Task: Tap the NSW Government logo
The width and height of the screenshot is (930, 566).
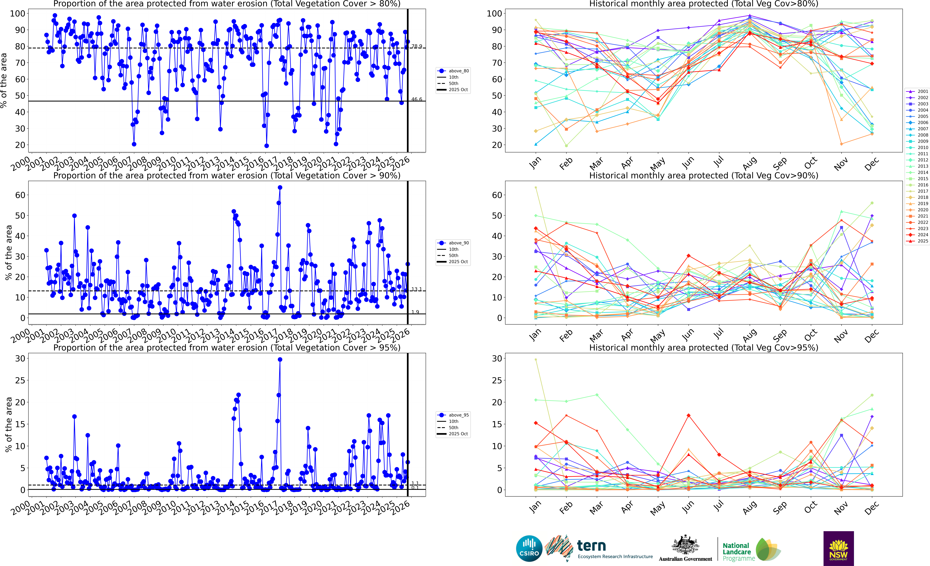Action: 838,548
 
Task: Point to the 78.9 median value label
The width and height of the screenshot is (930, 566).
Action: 417,46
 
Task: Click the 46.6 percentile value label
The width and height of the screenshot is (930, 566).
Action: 417,99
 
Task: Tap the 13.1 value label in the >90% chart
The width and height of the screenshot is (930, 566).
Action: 417,289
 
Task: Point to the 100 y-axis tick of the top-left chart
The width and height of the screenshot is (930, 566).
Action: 18,14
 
